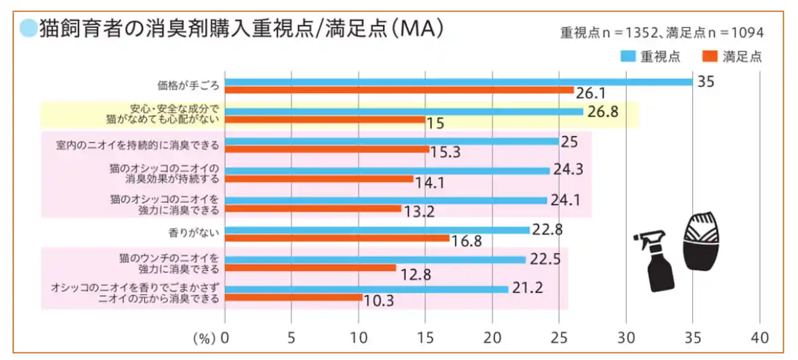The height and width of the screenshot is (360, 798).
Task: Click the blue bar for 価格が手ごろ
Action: point(458,82)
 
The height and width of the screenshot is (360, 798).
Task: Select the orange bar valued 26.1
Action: point(399,90)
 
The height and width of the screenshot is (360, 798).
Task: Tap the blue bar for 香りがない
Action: point(377,230)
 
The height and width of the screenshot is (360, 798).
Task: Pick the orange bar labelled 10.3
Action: point(293,298)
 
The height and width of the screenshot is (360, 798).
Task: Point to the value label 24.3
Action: point(568,170)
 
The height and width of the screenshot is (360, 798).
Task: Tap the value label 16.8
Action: point(466,240)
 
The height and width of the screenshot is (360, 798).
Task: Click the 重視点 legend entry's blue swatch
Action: point(628,56)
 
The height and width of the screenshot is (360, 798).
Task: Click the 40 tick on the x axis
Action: point(759,337)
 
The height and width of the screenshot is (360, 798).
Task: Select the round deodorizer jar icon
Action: point(701,241)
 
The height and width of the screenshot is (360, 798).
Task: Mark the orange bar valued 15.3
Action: point(327,149)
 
